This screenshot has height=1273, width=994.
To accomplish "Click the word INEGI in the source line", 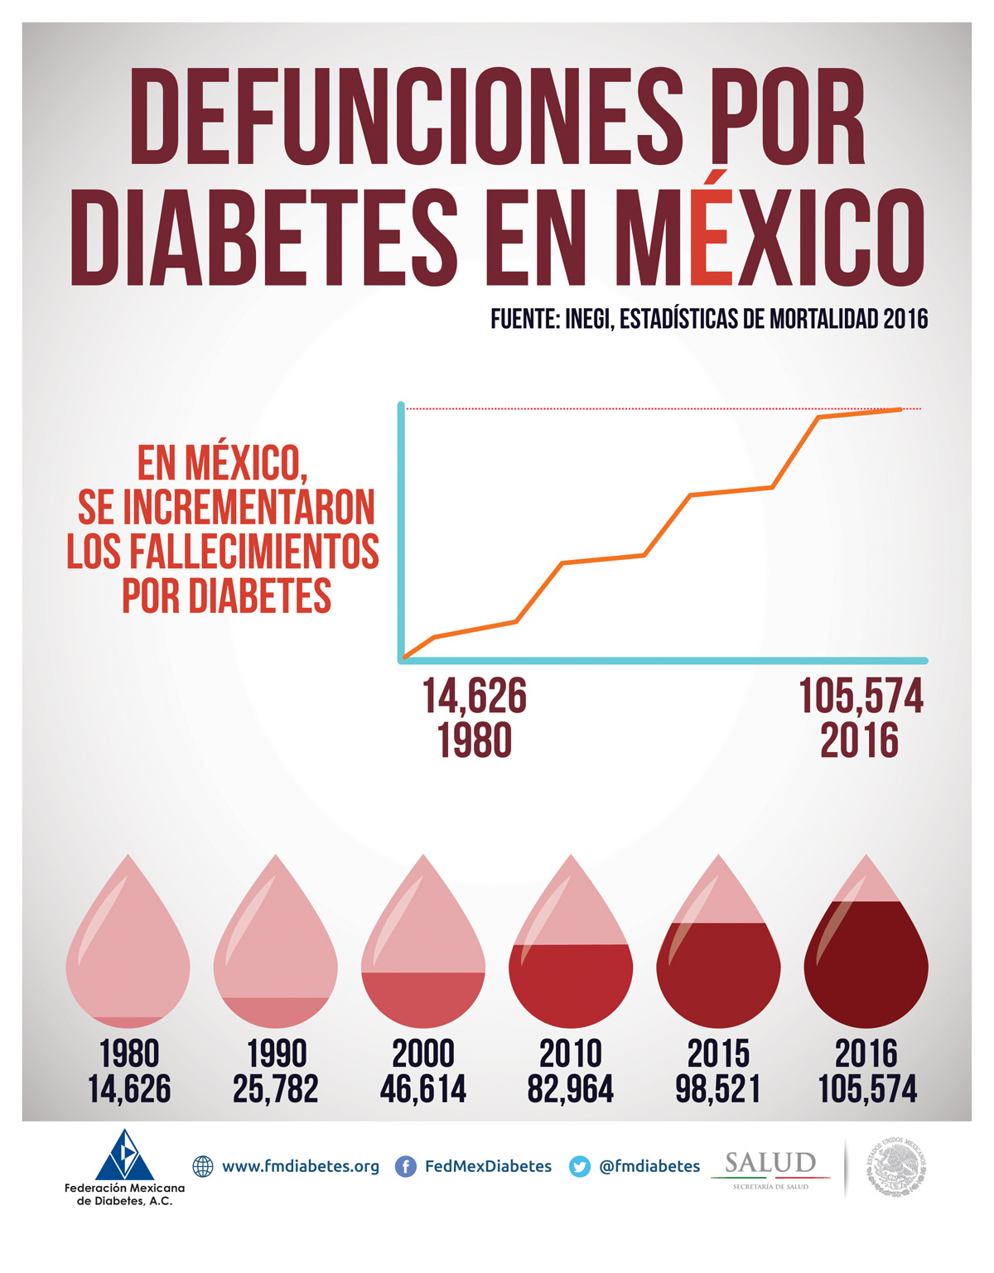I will [587, 319].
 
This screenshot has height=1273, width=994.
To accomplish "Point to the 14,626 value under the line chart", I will [475, 697].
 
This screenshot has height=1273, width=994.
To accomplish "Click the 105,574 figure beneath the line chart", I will [861, 697].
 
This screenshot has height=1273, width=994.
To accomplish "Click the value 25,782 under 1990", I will [276, 1089].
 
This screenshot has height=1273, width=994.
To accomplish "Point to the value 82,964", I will [571, 1089].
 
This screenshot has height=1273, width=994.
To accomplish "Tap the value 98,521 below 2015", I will [718, 1089].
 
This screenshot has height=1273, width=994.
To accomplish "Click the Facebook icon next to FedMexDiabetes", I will [406, 1167].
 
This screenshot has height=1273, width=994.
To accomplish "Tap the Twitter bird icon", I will [580, 1167].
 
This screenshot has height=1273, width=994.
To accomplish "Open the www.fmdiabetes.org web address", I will [300, 1167].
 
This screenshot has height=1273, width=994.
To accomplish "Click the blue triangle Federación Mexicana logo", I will [124, 1155].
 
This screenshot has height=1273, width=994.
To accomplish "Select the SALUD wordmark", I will [770, 1164].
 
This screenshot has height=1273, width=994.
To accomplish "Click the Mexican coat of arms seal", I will [896, 1167].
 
